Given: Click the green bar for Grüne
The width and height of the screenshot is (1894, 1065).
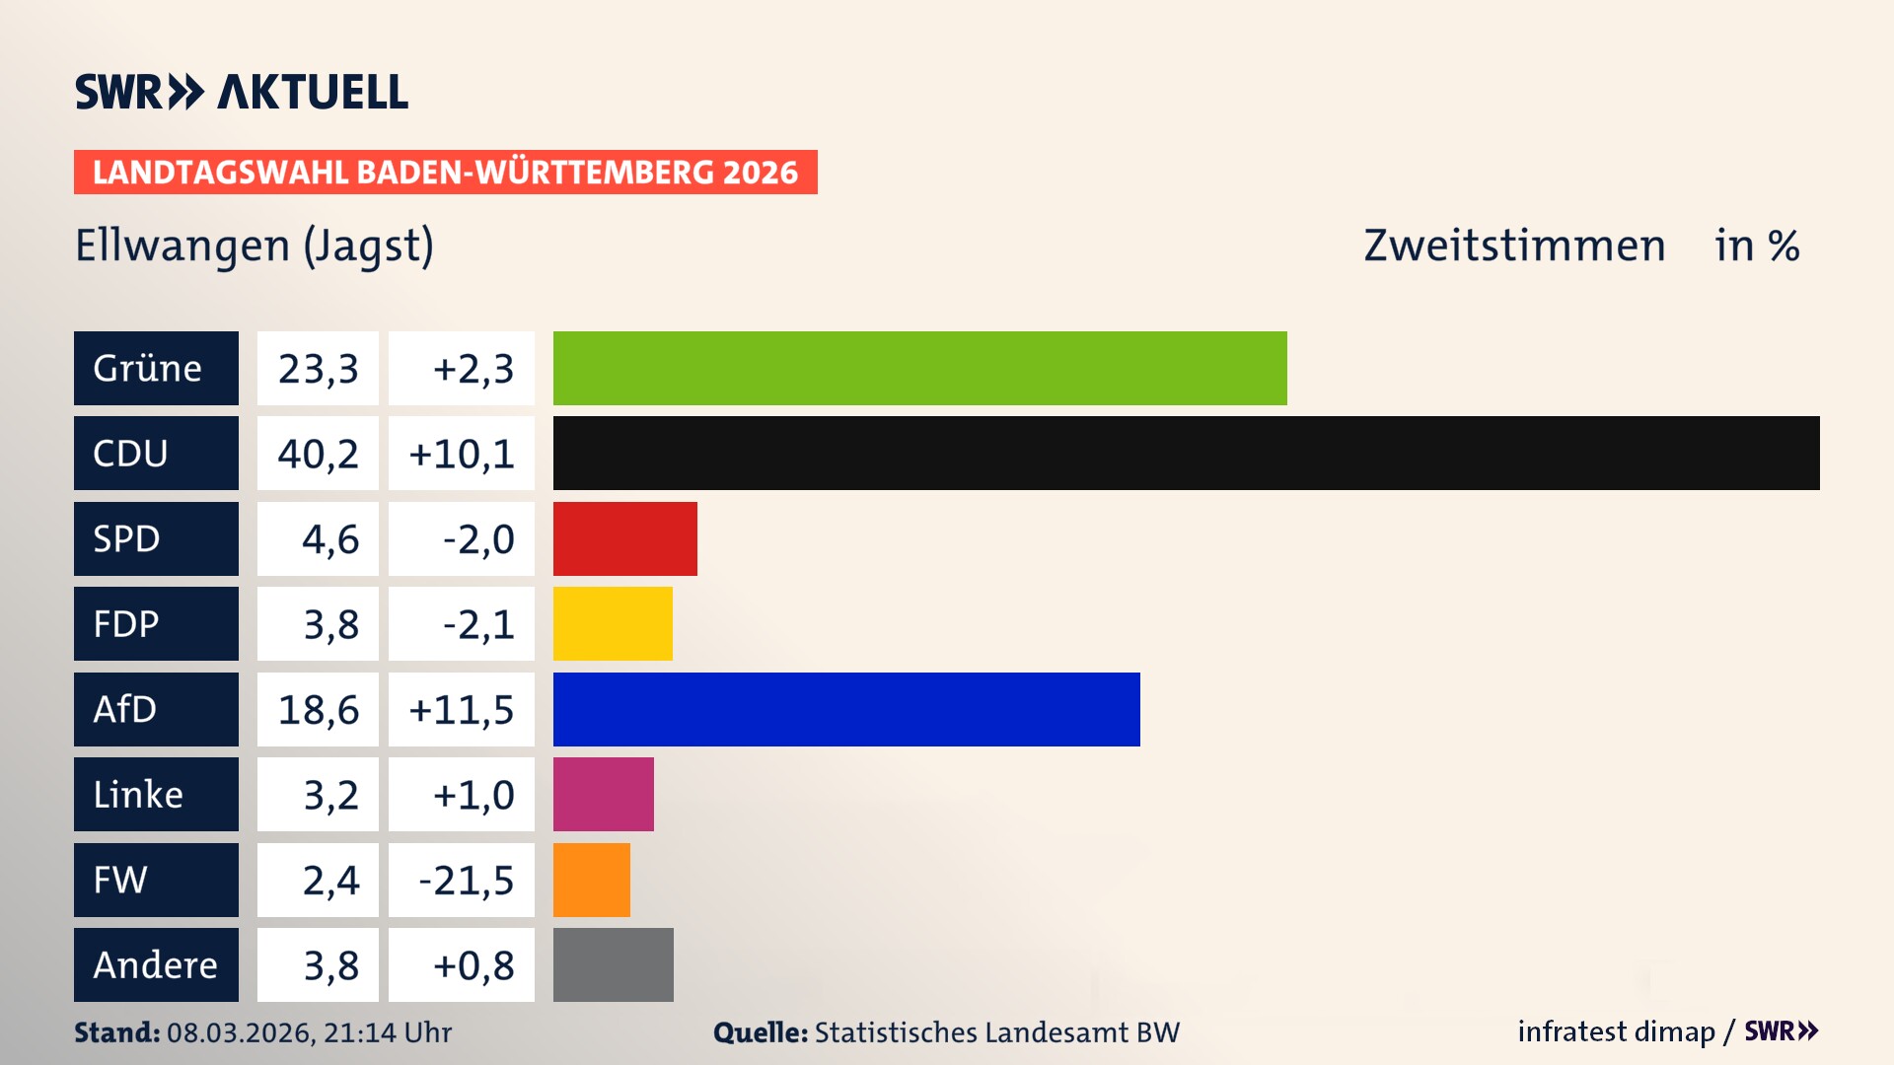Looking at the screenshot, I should tap(919, 368).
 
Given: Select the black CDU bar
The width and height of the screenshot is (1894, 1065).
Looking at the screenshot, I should tap(1186, 454).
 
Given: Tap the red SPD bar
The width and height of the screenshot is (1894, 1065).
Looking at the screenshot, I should tap(624, 538).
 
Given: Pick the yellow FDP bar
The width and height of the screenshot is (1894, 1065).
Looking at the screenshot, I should tap(613, 624).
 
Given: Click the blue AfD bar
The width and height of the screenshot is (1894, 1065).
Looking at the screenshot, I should tap(846, 709).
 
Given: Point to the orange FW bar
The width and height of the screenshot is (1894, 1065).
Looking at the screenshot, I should tap(591, 880).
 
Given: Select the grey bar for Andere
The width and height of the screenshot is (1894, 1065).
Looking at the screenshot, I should tap(613, 964).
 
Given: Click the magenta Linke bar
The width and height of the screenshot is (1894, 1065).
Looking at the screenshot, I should tap(603, 795).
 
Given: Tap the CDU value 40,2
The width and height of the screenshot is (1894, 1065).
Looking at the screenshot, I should tap(318, 454).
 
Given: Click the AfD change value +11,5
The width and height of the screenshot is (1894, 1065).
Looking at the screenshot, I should tap(462, 709).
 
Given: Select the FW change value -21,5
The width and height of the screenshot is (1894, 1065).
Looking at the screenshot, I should tap(466, 880).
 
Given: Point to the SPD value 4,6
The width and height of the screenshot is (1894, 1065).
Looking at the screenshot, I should tap(329, 538).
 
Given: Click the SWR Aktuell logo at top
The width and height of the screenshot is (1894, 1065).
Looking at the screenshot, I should tap(242, 92).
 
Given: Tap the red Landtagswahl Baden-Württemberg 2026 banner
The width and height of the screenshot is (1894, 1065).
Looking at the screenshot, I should tap(445, 173).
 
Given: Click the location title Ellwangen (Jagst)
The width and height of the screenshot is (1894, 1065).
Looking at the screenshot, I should tap(255, 246).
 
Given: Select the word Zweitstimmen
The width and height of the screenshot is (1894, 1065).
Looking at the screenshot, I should tap(1514, 246).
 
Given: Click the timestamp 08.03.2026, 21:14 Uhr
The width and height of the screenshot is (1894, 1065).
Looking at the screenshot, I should tap(309, 1032).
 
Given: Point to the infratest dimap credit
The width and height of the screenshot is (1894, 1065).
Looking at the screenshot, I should tap(1616, 1031).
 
